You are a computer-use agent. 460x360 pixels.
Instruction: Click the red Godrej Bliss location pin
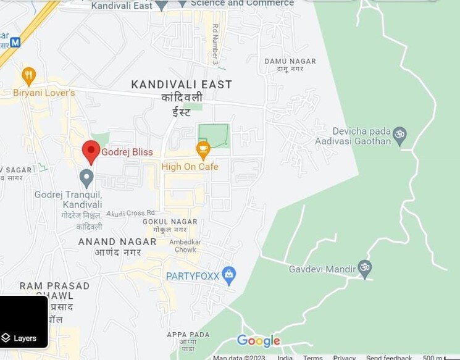(91, 151)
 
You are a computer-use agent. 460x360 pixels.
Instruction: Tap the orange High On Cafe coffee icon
(203, 149)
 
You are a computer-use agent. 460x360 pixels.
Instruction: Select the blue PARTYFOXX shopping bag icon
(229, 275)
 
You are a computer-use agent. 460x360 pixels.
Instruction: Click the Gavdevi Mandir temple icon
(365, 269)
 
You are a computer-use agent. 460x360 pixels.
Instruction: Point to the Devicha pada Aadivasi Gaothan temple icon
(399, 135)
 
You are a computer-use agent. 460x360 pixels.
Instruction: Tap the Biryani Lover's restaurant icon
(28, 77)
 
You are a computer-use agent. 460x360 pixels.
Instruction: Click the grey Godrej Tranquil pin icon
(87, 178)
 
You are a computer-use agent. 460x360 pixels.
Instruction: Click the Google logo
(259, 340)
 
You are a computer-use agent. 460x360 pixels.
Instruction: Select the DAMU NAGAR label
(290, 61)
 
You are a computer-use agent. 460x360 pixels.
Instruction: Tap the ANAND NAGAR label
(117, 241)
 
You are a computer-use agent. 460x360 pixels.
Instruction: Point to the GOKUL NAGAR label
(170, 222)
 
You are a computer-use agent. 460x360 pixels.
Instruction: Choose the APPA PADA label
(188, 335)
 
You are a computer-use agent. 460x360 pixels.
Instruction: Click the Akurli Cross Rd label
(130, 213)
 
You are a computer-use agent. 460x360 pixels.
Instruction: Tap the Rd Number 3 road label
(215, 44)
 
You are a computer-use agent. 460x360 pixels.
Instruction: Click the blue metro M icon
(15, 42)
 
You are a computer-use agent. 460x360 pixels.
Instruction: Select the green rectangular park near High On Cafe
(214, 136)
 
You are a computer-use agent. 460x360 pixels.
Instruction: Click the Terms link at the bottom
(312, 358)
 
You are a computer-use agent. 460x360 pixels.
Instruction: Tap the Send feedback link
(389, 358)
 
